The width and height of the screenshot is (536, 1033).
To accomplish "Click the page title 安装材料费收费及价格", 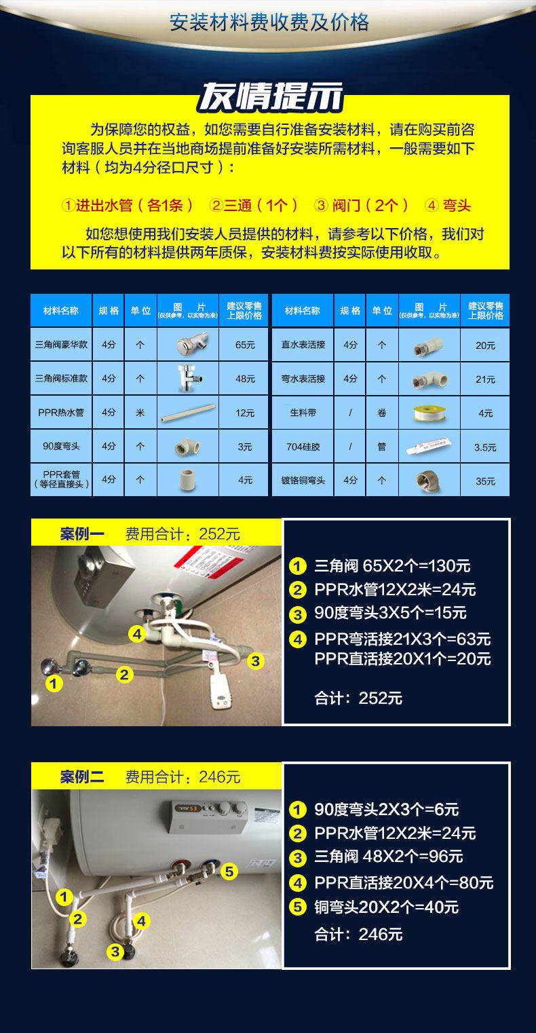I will (269, 22).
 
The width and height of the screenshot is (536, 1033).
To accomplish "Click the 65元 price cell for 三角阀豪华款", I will (245, 345).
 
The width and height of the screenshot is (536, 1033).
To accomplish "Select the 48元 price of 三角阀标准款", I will (245, 379).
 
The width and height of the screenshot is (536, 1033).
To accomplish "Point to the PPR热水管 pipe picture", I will (188, 412).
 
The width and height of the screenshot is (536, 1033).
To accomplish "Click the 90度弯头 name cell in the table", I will (61, 446).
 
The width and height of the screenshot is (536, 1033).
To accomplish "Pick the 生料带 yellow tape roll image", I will (429, 412).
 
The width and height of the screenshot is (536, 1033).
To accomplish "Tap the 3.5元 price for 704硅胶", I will (485, 447).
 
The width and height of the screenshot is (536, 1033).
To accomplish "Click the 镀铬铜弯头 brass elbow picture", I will (429, 481).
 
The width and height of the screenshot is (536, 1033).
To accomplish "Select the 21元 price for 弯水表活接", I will (485, 379).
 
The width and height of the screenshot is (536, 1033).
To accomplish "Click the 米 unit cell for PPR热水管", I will (140, 412).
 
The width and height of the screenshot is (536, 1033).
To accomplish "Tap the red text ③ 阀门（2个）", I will (361, 205).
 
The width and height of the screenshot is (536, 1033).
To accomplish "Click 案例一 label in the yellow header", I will (82, 534).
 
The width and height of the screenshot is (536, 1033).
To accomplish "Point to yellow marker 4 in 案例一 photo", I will (137, 634).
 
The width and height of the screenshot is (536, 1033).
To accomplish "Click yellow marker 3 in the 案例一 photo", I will (255, 660).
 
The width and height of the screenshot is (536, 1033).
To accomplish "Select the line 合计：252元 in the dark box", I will (358, 698).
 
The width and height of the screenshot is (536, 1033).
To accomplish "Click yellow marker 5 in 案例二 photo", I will (229, 871).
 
